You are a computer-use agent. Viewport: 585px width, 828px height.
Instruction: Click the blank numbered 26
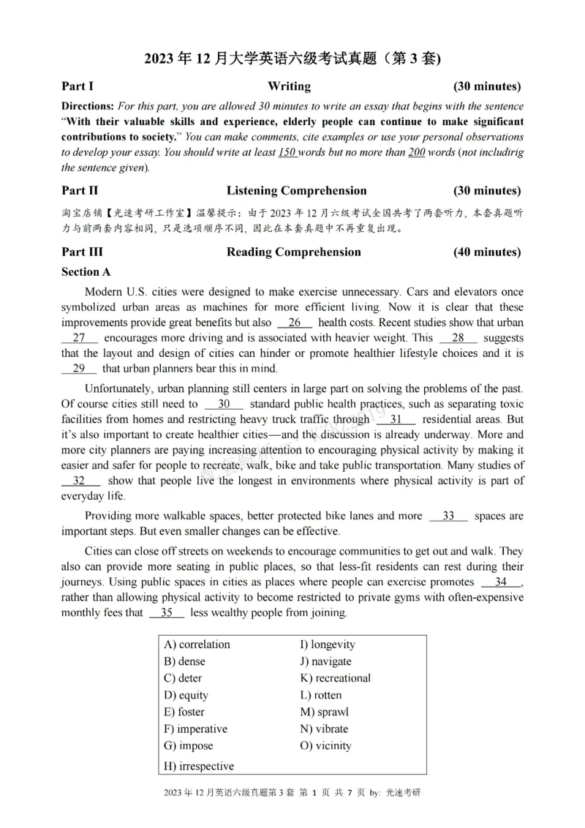click(295, 323)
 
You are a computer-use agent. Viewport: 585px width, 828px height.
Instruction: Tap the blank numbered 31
click(396, 420)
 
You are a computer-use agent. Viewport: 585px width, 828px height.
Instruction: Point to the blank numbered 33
click(448, 516)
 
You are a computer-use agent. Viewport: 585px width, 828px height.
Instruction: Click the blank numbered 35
click(167, 613)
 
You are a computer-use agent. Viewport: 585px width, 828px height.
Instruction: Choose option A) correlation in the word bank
click(197, 644)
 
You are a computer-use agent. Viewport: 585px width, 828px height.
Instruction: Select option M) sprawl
click(324, 712)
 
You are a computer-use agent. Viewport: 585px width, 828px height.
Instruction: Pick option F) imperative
click(195, 729)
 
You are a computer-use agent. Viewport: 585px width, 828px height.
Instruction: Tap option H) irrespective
click(199, 766)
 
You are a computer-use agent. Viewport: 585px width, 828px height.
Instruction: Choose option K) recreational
click(335, 678)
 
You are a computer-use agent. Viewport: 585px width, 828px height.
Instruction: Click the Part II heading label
click(80, 191)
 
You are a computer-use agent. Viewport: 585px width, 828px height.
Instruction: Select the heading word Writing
click(289, 86)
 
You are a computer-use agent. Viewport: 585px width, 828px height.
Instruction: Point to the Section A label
click(86, 272)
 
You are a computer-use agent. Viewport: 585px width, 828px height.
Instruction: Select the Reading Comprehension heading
click(293, 252)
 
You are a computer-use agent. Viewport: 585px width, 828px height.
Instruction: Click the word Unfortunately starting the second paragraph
click(119, 388)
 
